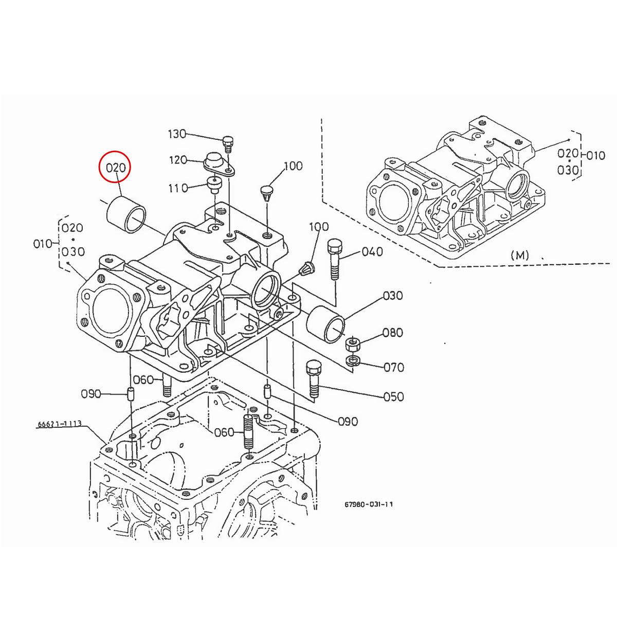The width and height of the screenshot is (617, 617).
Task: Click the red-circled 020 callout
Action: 116,168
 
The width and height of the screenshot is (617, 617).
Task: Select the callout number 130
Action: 177,134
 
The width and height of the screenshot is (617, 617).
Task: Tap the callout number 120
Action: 178,160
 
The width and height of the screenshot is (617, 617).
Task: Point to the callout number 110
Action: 178,188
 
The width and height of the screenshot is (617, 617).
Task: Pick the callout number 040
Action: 372,251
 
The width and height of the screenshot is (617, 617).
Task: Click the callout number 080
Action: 392,333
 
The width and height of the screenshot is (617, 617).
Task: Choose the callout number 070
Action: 394,367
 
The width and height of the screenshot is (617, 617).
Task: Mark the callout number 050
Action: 394,396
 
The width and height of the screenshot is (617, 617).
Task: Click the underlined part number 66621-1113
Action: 59,425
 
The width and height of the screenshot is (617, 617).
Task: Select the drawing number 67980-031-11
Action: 369,504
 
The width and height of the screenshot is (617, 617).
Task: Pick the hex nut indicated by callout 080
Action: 353,343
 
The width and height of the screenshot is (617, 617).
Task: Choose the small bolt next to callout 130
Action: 228,143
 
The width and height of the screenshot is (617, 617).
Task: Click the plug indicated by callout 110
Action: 212,183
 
